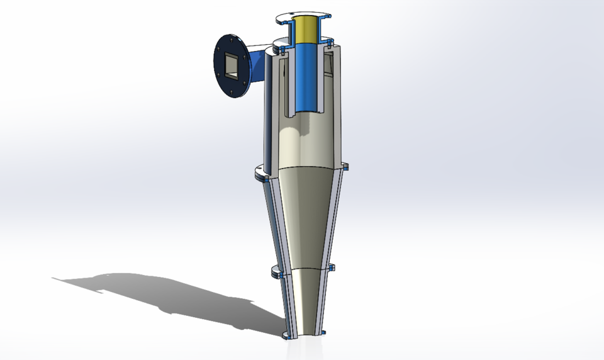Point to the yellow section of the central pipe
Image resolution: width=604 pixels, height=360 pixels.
click(x=306, y=28)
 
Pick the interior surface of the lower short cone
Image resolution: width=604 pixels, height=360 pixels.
click(x=305, y=299)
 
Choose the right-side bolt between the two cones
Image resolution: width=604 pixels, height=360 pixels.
click(x=333, y=269)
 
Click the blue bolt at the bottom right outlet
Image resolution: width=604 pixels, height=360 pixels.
click(x=324, y=332)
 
